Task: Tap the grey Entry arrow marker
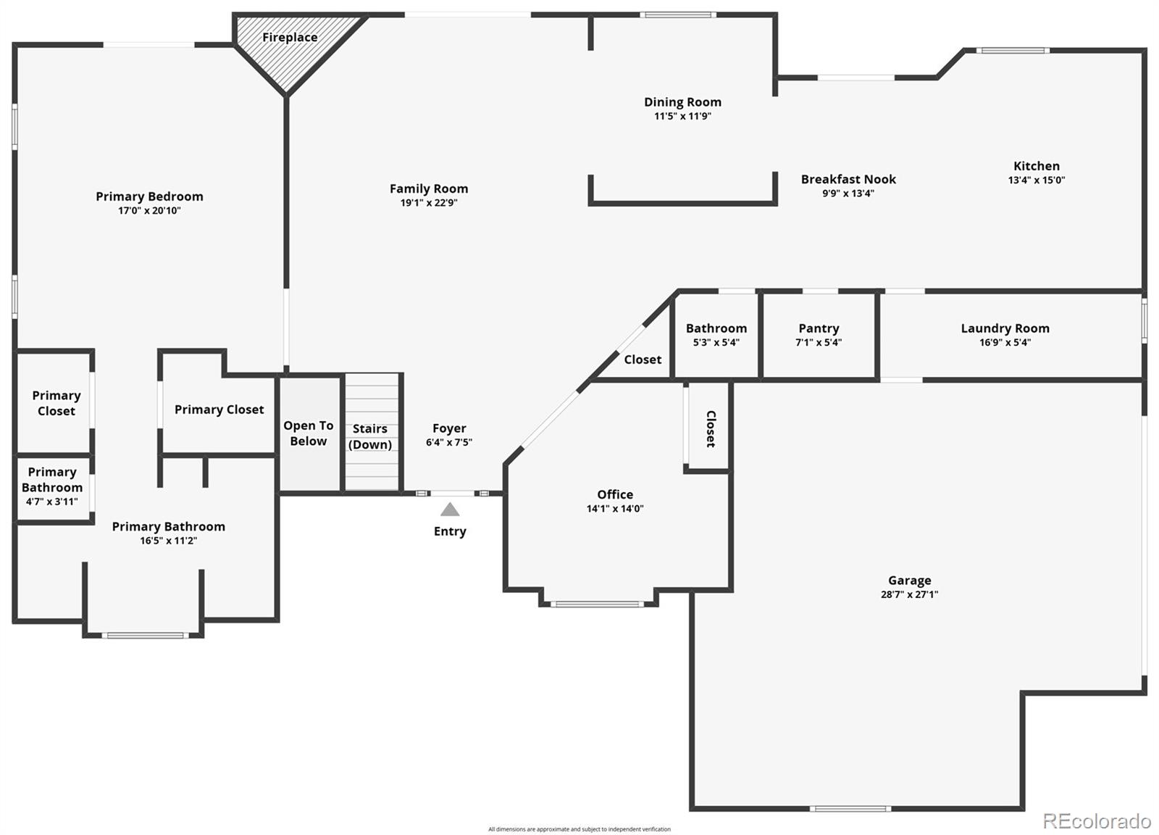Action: point(450,510)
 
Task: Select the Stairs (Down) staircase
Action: point(372,432)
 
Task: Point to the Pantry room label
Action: point(819,328)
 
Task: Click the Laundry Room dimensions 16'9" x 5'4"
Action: point(1005,342)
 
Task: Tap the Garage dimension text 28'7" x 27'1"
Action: point(909,594)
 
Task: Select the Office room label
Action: point(615,494)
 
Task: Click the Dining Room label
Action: point(682,102)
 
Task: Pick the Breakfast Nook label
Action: point(848,179)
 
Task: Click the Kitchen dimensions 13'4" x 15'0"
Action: point(1036,180)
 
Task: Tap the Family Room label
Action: point(428,188)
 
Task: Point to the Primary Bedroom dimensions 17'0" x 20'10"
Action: point(149,211)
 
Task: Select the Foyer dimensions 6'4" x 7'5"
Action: point(448,442)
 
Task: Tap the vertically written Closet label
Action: point(711,428)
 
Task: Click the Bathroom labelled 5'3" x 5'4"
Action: point(716,335)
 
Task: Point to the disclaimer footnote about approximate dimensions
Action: point(579,829)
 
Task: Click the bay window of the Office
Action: point(597,604)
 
